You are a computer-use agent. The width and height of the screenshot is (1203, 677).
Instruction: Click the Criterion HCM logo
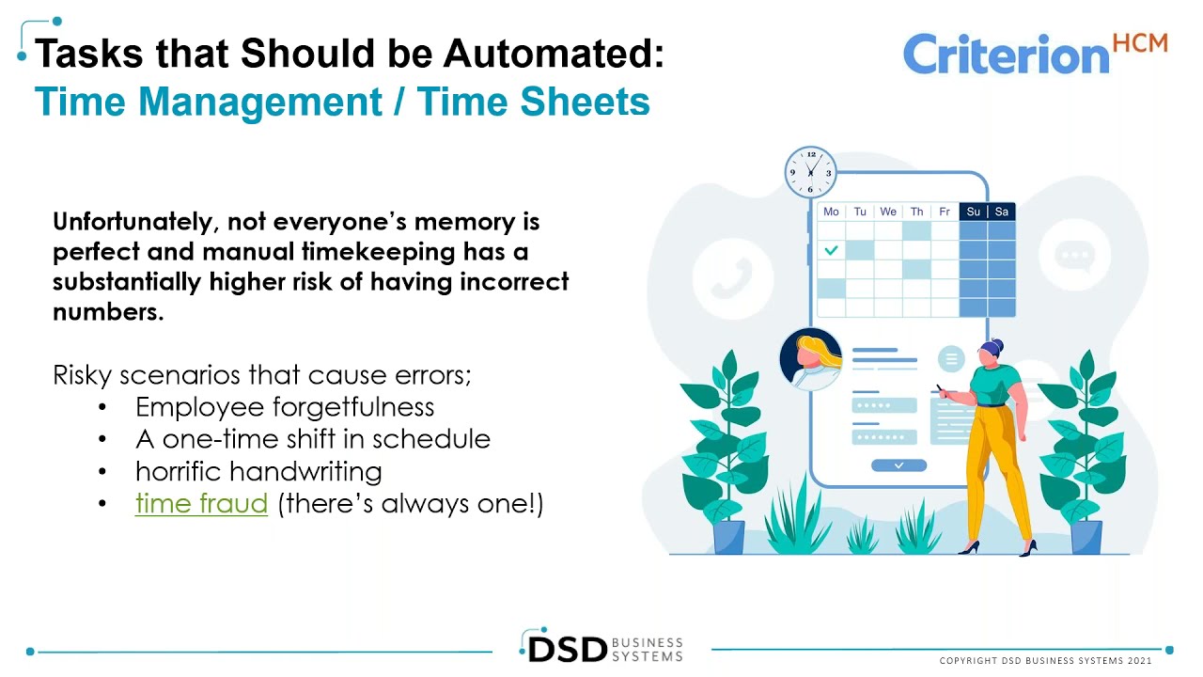click(x=1034, y=54)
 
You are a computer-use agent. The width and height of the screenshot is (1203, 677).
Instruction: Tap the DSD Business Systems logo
click(x=601, y=648)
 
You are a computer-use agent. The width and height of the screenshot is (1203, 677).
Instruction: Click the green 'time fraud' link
click(x=201, y=503)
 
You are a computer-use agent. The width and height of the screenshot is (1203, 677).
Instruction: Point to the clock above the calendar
click(x=810, y=172)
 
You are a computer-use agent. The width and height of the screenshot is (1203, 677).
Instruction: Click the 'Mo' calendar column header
click(x=831, y=212)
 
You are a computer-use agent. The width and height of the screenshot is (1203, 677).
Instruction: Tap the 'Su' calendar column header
click(x=973, y=212)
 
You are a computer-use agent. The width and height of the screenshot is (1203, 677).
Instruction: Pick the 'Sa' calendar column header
click(x=1001, y=212)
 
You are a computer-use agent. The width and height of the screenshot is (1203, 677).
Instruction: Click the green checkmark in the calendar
click(x=831, y=250)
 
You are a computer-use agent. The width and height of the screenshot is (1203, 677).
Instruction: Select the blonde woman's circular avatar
click(x=810, y=358)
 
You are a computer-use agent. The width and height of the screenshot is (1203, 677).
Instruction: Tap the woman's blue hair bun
click(x=996, y=347)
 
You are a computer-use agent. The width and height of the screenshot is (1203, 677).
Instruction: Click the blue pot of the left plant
click(x=728, y=537)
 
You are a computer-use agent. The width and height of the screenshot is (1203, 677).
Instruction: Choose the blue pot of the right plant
click(x=1086, y=537)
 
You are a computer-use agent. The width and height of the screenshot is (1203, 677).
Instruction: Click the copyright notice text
click(x=1045, y=661)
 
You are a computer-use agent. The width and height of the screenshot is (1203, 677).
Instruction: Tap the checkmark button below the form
click(x=898, y=465)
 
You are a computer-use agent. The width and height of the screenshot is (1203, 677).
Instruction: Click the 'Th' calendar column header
click(x=916, y=212)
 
